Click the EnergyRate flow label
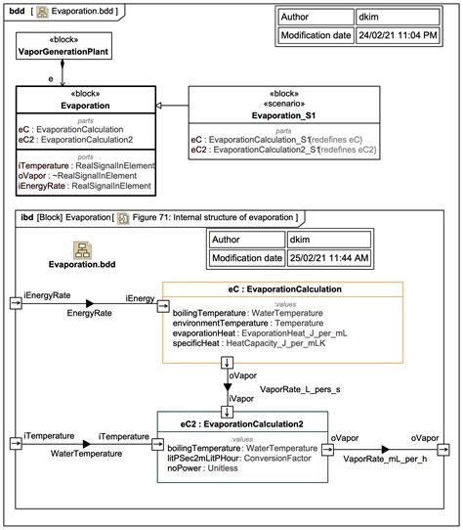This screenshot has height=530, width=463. [89, 313]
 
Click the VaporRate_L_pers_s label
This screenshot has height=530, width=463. [300, 389]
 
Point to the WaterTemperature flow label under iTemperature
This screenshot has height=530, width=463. [87, 454]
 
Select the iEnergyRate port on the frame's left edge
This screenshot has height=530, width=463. [17, 302]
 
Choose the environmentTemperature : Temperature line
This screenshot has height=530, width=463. [240, 321]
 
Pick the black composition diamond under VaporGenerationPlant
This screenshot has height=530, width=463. [63, 66]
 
